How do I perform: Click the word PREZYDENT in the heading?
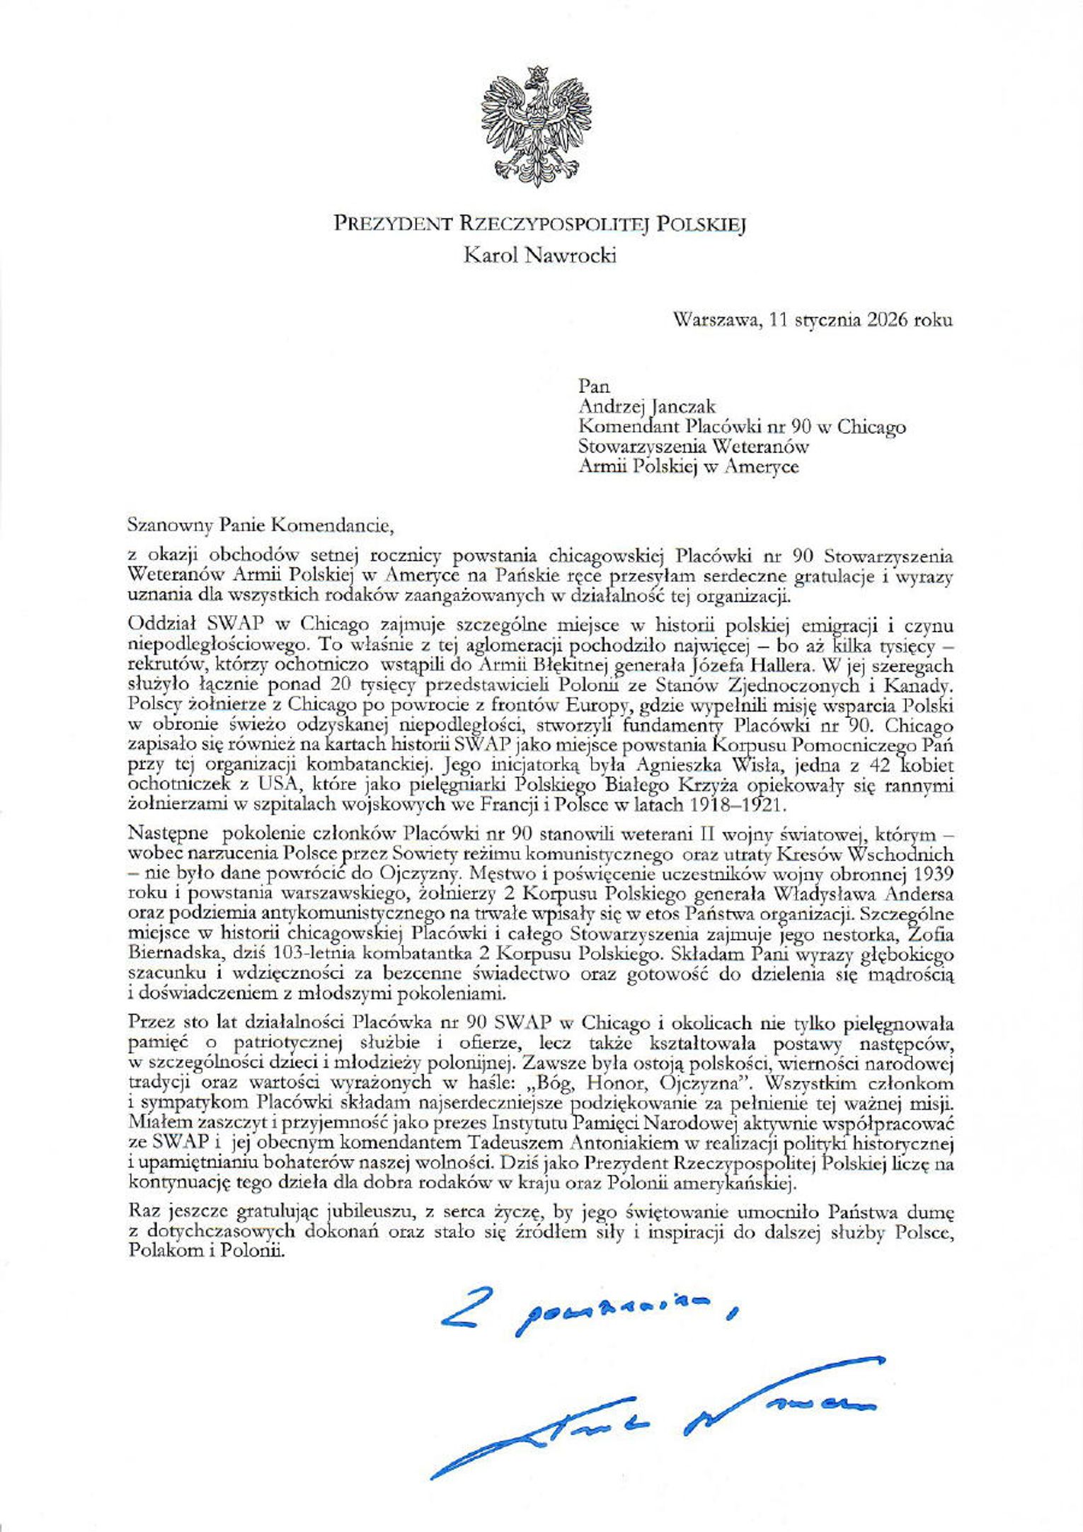pos(392,224)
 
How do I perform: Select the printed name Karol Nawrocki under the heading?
pos(539,256)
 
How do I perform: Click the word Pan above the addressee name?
pos(595,387)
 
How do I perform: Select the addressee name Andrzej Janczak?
pos(647,406)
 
